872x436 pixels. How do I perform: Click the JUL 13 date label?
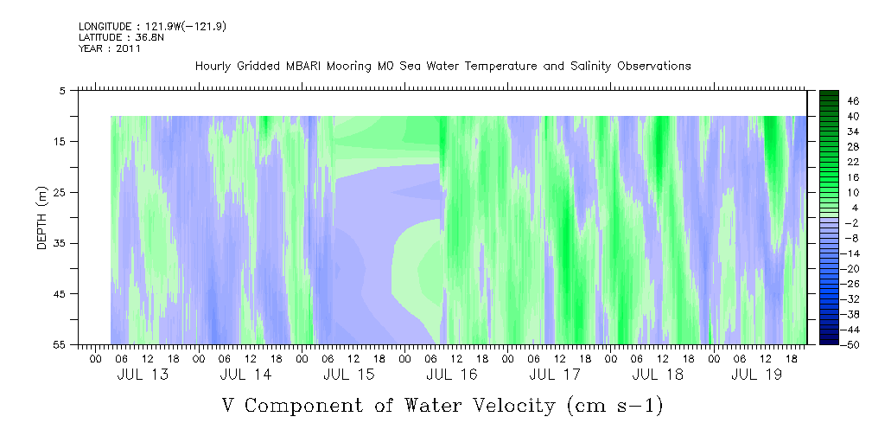143,375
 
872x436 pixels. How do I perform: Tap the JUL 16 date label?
452,375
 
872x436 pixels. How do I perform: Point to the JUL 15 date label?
348,375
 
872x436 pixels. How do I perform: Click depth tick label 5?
61,90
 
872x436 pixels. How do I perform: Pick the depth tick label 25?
58,193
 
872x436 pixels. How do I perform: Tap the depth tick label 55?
58,344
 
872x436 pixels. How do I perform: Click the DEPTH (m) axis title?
43,218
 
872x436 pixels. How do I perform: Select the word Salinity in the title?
590,67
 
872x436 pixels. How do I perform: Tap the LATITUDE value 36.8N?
150,37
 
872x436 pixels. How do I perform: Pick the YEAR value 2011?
129,48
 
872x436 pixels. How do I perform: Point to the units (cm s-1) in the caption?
615,407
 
